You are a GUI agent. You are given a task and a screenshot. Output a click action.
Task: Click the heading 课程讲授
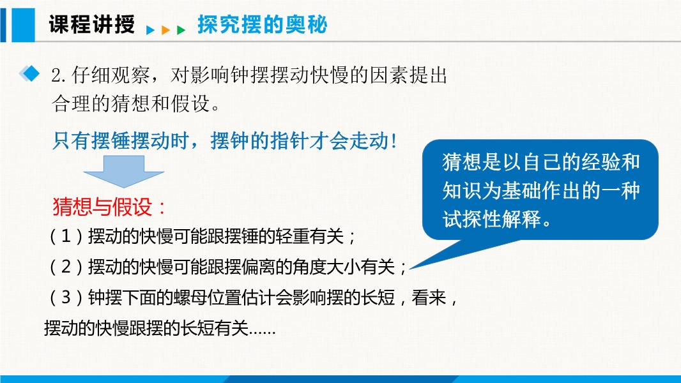pos(91,24)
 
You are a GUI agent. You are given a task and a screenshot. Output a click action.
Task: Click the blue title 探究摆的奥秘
pos(263,24)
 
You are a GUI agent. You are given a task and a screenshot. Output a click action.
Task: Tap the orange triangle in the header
pos(165,30)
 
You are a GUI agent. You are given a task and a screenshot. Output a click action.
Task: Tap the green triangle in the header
pos(181,30)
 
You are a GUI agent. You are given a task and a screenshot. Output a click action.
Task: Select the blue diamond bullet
pos(29,73)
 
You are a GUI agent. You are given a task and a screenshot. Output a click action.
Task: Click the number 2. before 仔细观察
pos(58,76)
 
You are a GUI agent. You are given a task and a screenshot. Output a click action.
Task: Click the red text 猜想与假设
pos(102,206)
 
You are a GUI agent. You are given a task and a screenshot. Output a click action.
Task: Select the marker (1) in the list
pos(66,236)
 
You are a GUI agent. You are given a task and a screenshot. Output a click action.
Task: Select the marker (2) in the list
pos(66,267)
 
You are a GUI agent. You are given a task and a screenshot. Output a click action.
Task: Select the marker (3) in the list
pos(66,297)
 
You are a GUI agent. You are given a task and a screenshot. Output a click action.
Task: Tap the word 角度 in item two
pos(310,267)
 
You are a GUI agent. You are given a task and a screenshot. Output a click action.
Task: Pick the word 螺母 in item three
pos(190,297)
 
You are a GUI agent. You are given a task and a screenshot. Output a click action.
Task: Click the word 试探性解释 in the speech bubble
pos(492,219)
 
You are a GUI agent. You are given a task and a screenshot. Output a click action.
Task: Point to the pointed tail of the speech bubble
pos(410,269)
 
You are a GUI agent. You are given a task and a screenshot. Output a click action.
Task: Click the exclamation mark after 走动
pos(394,142)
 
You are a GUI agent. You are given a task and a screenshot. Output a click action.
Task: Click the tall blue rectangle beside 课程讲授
pos(23,25)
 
